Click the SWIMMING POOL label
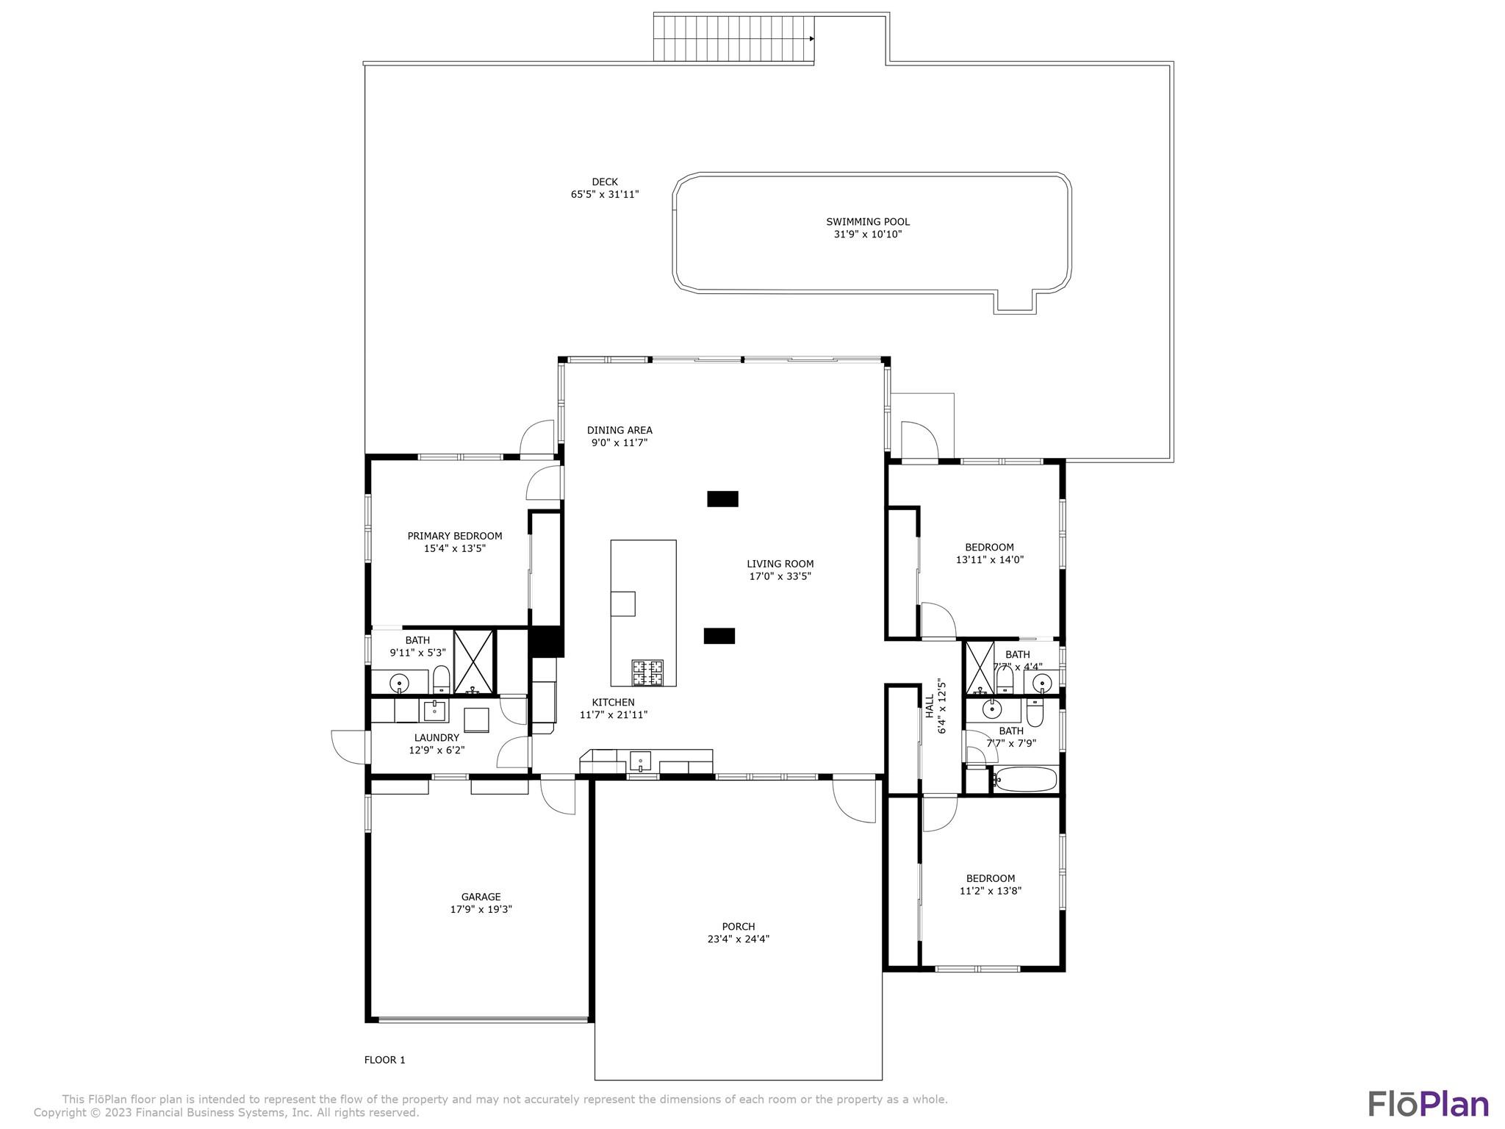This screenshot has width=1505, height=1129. [x=868, y=221]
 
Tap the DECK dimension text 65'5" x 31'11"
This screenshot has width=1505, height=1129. [x=605, y=195]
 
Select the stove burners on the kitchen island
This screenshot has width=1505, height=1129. [x=647, y=673]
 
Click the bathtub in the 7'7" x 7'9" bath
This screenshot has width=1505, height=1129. [x=1025, y=779]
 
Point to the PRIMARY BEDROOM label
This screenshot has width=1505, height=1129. [x=455, y=536]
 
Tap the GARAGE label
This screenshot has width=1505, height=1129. [x=481, y=897]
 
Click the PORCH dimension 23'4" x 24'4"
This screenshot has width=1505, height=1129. [x=739, y=939]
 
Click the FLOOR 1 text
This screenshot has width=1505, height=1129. [x=385, y=1060]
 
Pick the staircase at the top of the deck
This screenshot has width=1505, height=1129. [x=733, y=38]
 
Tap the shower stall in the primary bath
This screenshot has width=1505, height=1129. [x=473, y=662]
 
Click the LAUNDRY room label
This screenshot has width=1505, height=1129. [x=437, y=738]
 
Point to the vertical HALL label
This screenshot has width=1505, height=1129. [x=930, y=706]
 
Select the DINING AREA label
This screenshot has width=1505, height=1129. [x=619, y=431]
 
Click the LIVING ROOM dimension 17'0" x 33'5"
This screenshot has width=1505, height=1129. [x=780, y=576]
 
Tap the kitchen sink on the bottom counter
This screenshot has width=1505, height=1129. [x=641, y=760]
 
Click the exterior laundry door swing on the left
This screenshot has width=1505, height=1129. [x=348, y=747]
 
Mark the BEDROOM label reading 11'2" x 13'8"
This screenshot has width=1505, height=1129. [x=991, y=878]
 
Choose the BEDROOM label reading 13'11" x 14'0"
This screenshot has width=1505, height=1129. [x=989, y=547]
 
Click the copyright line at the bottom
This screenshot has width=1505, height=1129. [x=226, y=1113]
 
